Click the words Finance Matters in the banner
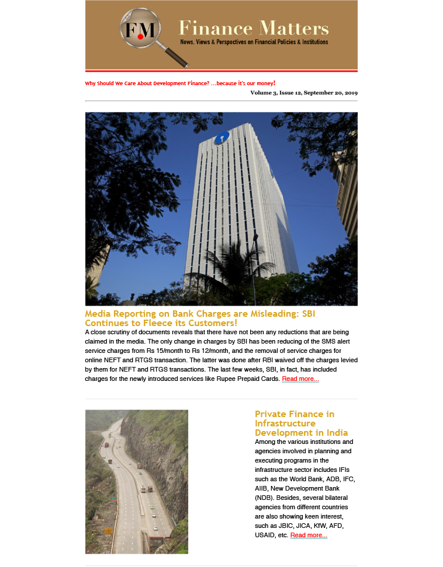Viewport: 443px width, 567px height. pos(254,28)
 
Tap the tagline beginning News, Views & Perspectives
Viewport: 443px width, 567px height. pos(254,42)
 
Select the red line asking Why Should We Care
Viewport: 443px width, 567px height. pos(180,83)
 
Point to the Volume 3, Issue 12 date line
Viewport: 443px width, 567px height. pos(304,93)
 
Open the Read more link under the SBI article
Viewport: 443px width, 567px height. pos(300,379)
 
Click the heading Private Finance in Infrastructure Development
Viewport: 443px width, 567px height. pos(301,423)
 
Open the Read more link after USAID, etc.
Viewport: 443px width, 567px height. pos(309,535)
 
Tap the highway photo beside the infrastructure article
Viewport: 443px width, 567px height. pos(137,481)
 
